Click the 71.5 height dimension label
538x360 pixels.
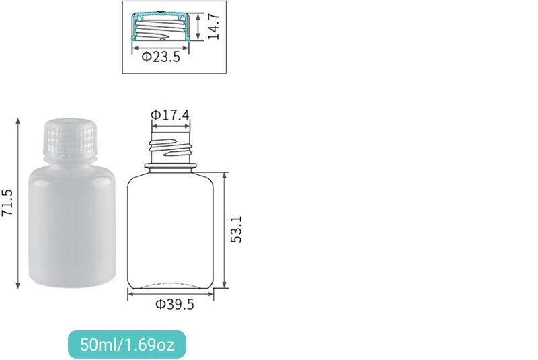[x=7, y=203]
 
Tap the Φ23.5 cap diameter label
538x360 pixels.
[x=161, y=57]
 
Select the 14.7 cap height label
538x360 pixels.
[x=213, y=26]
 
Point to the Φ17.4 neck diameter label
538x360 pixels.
[x=170, y=115]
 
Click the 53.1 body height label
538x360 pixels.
[x=236, y=229]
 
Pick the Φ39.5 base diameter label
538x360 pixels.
[x=175, y=304]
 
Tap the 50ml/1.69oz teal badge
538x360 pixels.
[x=127, y=345]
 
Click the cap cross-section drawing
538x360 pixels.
[x=161, y=26]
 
